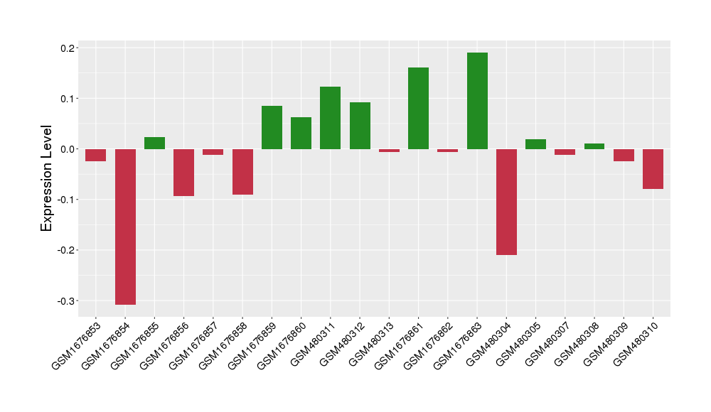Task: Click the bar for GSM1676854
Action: point(125,227)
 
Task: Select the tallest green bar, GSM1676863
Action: point(477,101)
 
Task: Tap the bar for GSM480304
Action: point(506,202)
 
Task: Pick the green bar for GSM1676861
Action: point(418,108)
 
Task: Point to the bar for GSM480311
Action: point(330,118)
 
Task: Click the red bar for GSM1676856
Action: point(184,173)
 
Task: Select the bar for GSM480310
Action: point(653,169)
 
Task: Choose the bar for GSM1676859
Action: point(272,127)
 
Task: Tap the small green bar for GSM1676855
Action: point(154,143)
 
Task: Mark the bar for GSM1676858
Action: point(242,172)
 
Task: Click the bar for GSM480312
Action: point(360,126)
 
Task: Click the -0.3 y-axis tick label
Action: point(66,301)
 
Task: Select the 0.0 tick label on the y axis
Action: point(68,149)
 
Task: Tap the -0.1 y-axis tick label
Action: point(66,200)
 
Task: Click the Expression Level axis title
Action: point(47,178)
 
